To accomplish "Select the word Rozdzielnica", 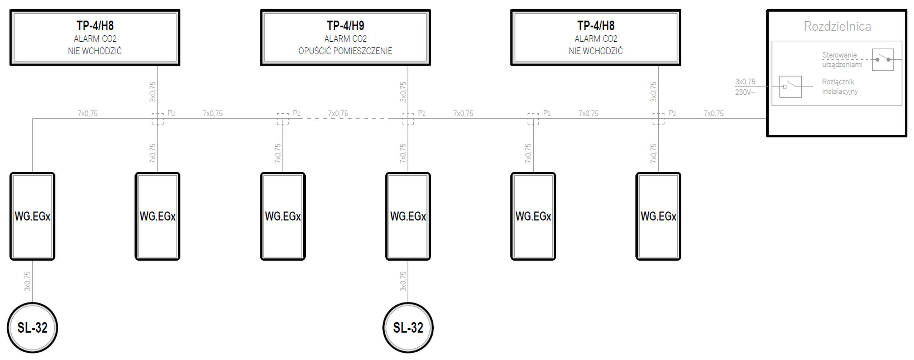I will point(837,26).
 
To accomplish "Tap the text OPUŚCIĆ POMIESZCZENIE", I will point(345,51).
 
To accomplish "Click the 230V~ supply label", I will point(745,93).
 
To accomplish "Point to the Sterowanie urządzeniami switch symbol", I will point(883,59).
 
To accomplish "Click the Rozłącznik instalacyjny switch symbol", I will point(790,87).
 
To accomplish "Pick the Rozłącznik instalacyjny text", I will point(840,87).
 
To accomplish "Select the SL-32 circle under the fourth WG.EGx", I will point(408,328).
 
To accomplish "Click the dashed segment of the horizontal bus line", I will point(346,118).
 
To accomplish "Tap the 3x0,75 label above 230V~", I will point(745,82).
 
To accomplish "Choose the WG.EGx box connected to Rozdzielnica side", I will point(658,216).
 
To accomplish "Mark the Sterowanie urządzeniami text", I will point(842,60).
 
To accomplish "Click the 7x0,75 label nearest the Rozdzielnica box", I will point(713,113).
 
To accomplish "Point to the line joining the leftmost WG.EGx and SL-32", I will point(33,281).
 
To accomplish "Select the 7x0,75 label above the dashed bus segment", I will point(338,113).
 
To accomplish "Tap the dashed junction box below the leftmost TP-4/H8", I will point(157,118).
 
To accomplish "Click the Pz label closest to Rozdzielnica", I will point(672,113).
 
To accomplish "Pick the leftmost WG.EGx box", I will point(32,216).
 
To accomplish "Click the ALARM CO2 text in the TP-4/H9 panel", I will point(345,39).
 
